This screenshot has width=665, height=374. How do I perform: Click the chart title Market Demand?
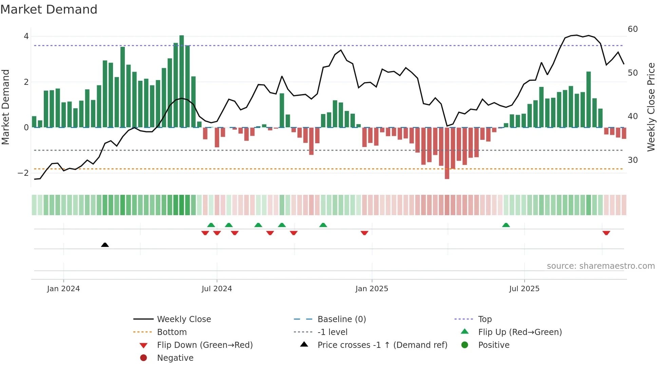[x=49, y=10]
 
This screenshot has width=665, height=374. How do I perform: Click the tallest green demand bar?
[x=182, y=81]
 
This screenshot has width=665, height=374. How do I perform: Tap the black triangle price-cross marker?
[x=105, y=245]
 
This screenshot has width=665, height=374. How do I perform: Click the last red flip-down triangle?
[x=606, y=233]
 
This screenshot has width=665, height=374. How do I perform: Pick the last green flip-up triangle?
[x=506, y=225]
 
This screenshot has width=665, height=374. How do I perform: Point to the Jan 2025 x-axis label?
[x=372, y=288]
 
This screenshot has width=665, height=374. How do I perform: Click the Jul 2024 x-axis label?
[x=216, y=288]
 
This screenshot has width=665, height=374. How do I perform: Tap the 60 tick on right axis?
[x=632, y=29]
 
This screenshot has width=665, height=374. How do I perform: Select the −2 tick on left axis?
[x=23, y=173]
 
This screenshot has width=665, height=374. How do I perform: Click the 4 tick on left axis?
[x=26, y=36]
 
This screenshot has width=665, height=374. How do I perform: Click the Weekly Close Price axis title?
[x=651, y=107]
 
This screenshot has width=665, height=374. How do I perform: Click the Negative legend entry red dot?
[x=144, y=358]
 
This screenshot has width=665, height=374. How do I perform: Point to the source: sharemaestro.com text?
[x=601, y=266]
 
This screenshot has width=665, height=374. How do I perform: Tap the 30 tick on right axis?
[x=632, y=160]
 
